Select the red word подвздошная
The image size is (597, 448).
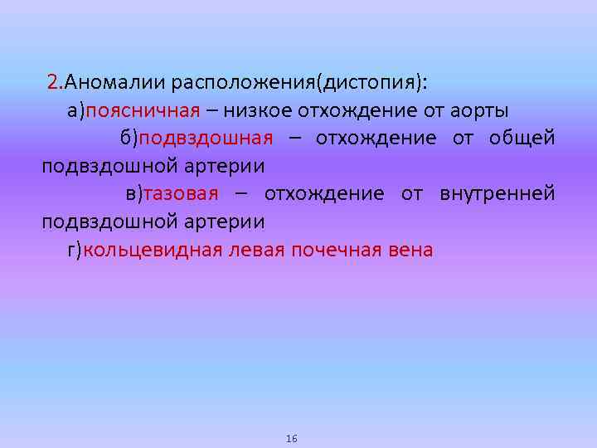point(210,139)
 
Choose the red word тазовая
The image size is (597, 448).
point(180,194)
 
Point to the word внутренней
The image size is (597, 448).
point(498,194)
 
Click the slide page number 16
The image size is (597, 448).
point(291,438)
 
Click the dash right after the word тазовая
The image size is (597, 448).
point(240,194)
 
